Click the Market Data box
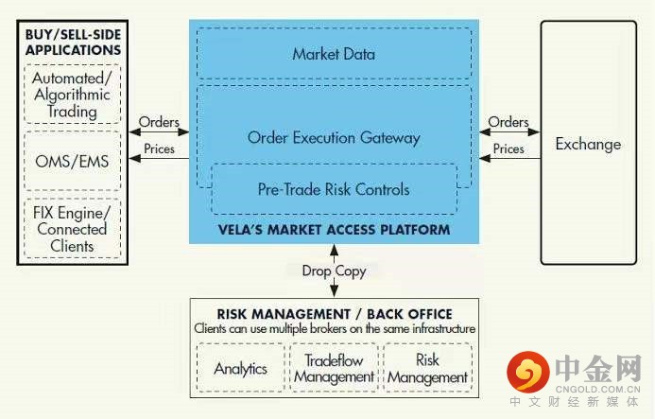[335, 53]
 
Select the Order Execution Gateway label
[334, 137]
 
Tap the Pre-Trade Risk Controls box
[335, 189]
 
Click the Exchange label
[588, 145]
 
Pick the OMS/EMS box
[72, 161]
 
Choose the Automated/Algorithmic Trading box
[72, 94]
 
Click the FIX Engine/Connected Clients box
[72, 229]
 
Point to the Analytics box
[241, 368]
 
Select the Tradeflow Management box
[334, 368]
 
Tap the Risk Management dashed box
[428, 368]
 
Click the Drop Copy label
[334, 271]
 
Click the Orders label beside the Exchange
[508, 122]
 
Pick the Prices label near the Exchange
[508, 148]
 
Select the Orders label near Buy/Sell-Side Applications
[159, 122]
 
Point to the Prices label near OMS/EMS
[159, 148]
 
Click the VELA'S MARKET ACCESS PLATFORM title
[335, 230]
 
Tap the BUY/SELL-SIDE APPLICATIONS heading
[73, 43]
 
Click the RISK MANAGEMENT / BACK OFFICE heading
[335, 314]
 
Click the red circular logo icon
[528, 372]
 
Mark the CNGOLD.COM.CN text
[597, 390]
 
